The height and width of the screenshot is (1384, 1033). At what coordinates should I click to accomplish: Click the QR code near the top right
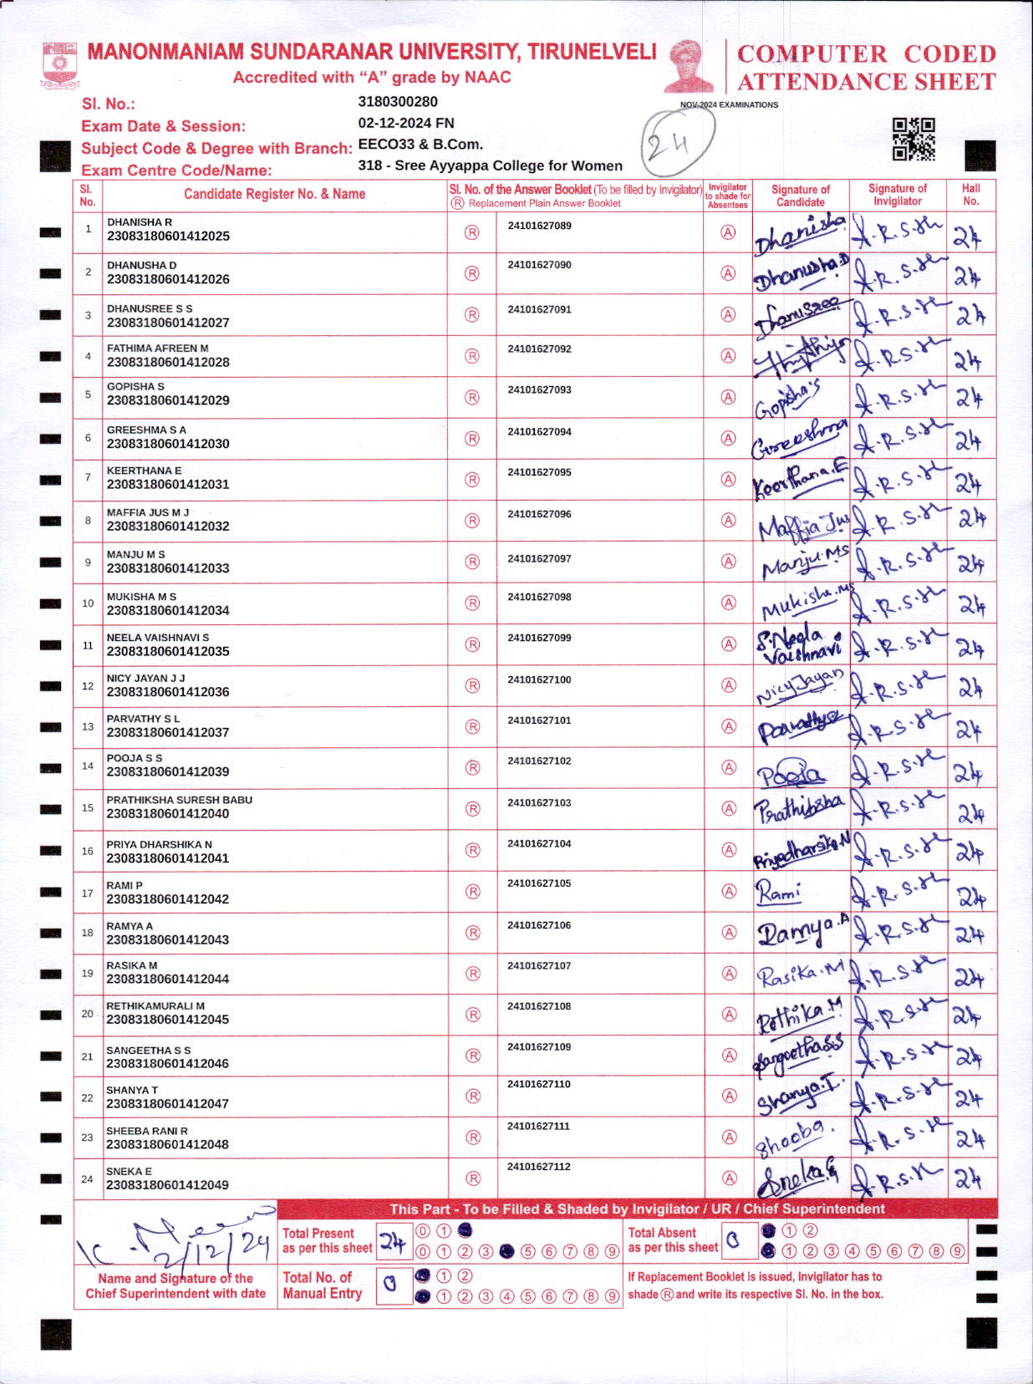pos(913,139)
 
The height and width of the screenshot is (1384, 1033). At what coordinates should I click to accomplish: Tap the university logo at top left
pos(59,64)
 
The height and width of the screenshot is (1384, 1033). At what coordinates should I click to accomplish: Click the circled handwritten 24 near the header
pos(678,143)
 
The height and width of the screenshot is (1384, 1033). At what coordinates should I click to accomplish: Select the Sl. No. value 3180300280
pos(398,102)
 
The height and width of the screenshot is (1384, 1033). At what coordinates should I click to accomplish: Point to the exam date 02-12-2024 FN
pos(406,123)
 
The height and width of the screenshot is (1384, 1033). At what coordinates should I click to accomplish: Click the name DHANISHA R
pos(140,222)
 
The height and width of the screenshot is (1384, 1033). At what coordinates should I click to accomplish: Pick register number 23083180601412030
pos(168,444)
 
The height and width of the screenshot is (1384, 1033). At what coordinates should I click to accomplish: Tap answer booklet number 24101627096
pos(539,514)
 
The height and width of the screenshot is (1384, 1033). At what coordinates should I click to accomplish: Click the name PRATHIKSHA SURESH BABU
pos(179,800)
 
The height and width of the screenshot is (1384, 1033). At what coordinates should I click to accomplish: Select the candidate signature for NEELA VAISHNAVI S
pos(799,644)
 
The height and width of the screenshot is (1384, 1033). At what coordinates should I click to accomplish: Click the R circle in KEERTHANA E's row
pos(472,480)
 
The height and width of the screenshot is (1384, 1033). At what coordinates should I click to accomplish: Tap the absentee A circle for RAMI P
pos(729,891)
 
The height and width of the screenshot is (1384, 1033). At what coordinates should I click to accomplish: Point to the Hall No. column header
pos(970,194)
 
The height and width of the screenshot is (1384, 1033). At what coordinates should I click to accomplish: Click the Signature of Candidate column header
pos(800,195)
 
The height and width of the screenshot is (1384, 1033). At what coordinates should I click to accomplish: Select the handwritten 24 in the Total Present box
pos(393,1242)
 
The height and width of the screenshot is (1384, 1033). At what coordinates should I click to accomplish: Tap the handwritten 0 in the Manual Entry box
pos(389,1285)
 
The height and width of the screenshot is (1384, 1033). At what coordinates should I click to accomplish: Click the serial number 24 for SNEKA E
pos(87,1179)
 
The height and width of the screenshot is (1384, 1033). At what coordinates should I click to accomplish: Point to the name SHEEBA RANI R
pos(147,1131)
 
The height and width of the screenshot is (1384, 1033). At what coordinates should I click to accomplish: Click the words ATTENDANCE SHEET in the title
pos(866,82)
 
